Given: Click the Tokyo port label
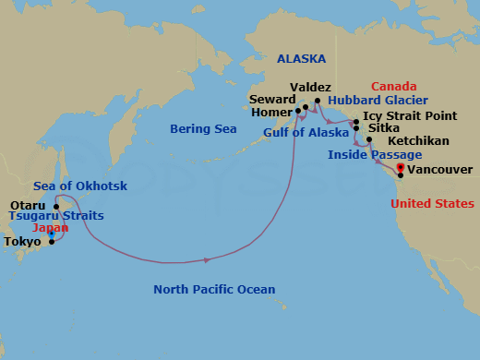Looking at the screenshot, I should coord(22,242).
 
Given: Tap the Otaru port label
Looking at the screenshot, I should coord(26,205).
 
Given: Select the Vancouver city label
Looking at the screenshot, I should coord(439,170).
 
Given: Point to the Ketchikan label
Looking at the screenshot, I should coord(414,141).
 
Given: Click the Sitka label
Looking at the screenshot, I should coord(384,128).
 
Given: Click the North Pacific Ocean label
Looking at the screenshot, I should coord(214,290).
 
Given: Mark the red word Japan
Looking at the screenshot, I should coord(50,228).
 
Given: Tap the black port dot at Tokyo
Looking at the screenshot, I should coord(52,242).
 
